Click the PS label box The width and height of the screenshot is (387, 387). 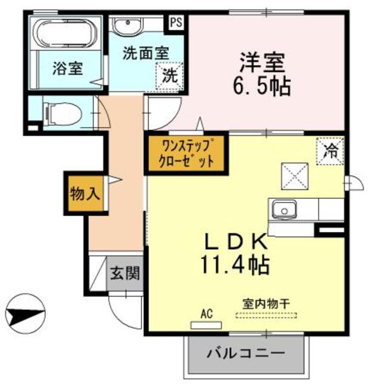click(x=176, y=22)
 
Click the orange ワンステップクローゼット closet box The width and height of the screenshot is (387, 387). click(x=186, y=153)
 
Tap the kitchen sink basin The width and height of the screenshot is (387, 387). click(x=282, y=211)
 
